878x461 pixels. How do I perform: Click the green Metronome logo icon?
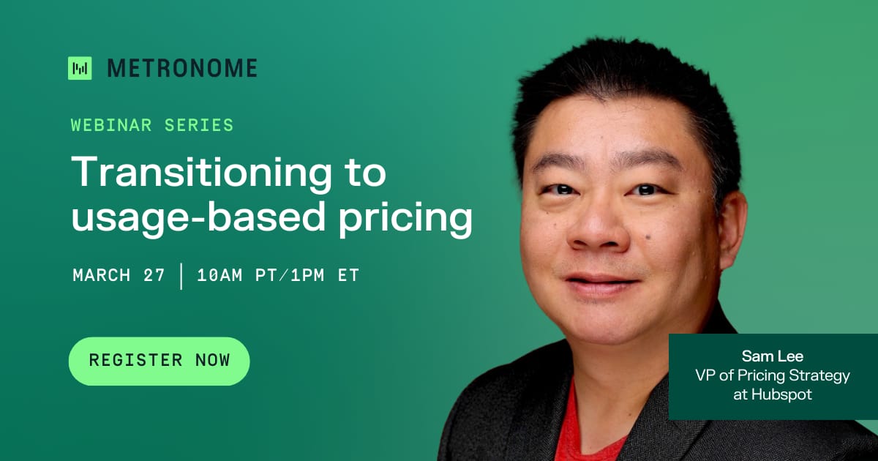[80, 68]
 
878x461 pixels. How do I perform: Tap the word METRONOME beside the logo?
[182, 68]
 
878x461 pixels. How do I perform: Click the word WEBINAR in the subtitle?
[111, 125]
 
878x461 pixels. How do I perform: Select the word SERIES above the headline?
[199, 125]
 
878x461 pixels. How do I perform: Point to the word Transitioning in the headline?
[201, 173]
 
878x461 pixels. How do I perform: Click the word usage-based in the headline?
[198, 217]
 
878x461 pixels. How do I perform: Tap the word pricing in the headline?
[405, 218]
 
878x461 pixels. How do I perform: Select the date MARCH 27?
[119, 275]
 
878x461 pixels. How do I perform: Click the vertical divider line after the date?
[181, 277]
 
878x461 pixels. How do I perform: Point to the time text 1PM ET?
[325, 275]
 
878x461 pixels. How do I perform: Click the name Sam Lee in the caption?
[773, 356]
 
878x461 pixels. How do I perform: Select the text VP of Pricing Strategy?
[773, 375]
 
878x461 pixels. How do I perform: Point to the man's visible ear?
[732, 229]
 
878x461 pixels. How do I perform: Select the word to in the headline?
[365, 173]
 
